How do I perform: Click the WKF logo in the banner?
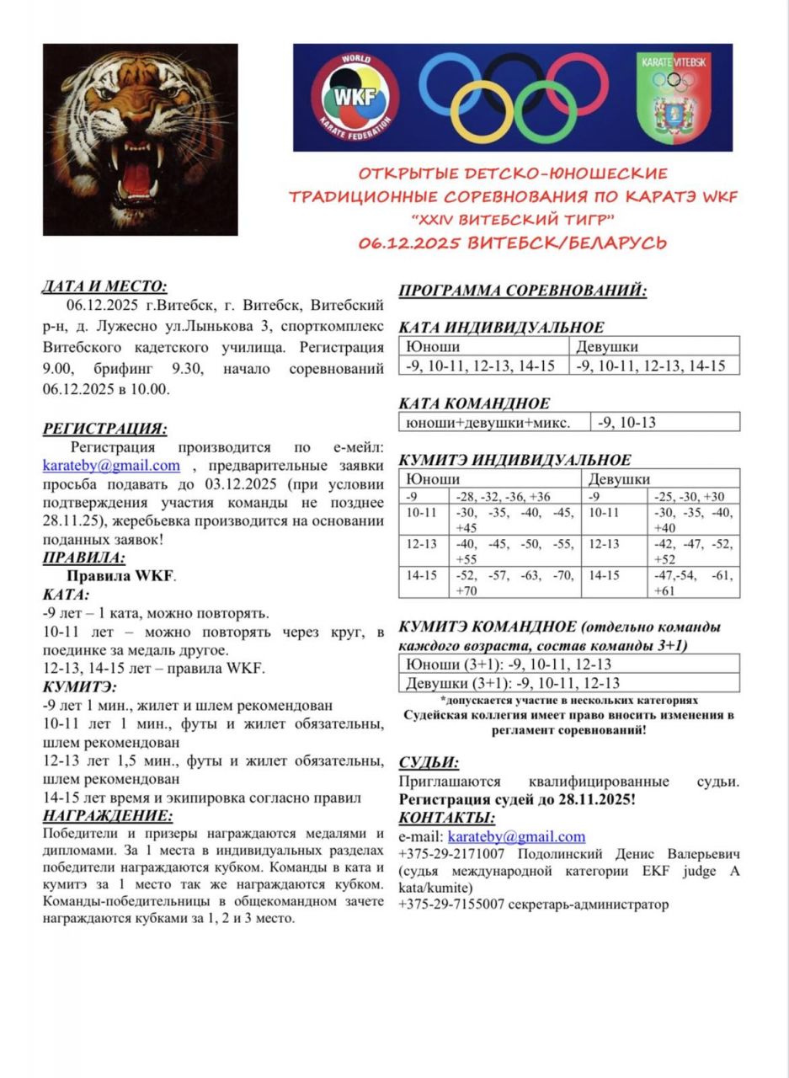pyautogui.click(x=355, y=98)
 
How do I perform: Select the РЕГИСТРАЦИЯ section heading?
pyautogui.click(x=104, y=429)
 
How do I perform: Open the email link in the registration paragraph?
pyautogui.click(x=111, y=466)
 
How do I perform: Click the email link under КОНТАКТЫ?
pyautogui.click(x=516, y=836)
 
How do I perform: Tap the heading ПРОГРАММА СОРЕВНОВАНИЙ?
pyautogui.click(x=522, y=291)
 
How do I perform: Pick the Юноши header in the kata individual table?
pyautogui.click(x=433, y=346)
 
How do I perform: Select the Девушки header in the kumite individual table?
pyautogui.click(x=619, y=479)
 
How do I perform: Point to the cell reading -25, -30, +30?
pyautogui.click(x=689, y=496)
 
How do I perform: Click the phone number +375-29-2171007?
pyautogui.click(x=451, y=854)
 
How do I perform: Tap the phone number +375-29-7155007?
pyautogui.click(x=451, y=905)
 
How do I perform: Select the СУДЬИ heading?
pyautogui.click(x=429, y=763)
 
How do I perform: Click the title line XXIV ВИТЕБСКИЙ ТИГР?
pyautogui.click(x=513, y=220)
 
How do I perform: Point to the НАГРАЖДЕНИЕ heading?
pyautogui.click(x=108, y=815)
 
